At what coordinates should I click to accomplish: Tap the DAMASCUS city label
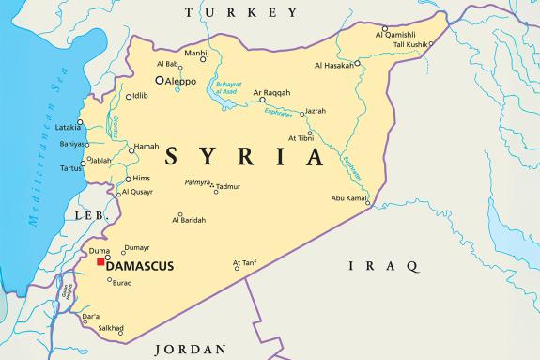click(141, 267)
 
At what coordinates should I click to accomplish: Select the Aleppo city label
click(180, 82)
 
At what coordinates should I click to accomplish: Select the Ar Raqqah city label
click(272, 93)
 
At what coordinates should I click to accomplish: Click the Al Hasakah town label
click(336, 65)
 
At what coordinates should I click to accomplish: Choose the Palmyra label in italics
click(197, 181)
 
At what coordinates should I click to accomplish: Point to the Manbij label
click(195, 54)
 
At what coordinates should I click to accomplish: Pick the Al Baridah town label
click(189, 220)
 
